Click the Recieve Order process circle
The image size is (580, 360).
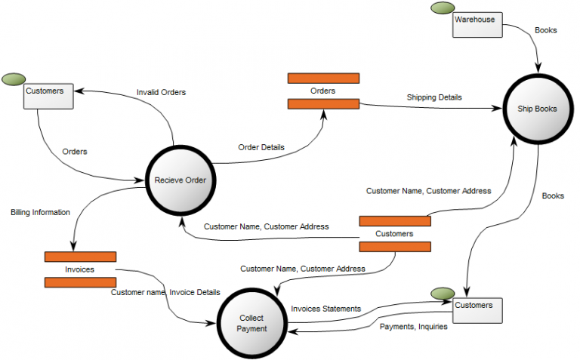coord(180,180)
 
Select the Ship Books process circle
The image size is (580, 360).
coord(537,109)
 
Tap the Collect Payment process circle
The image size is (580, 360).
coord(251,323)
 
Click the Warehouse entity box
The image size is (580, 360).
coord(477,24)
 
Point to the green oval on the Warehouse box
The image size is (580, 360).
coord(441,8)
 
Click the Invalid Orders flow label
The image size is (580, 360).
coord(161,92)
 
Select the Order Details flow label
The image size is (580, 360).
coord(261,147)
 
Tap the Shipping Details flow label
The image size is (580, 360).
coord(434,97)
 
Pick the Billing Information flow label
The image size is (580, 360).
coord(40,212)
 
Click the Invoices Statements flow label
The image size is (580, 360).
coord(325,308)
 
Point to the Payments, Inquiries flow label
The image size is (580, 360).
coord(412,327)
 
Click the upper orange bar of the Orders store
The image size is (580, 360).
coord(323,78)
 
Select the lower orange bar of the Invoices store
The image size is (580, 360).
coord(80,282)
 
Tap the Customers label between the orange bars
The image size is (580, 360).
coord(394,234)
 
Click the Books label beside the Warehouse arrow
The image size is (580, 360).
coord(546,31)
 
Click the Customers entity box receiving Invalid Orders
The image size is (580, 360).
coord(49,95)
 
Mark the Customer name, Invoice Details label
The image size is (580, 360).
coord(165,291)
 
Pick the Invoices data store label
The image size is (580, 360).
coord(79,269)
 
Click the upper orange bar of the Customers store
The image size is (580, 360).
coord(394,221)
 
